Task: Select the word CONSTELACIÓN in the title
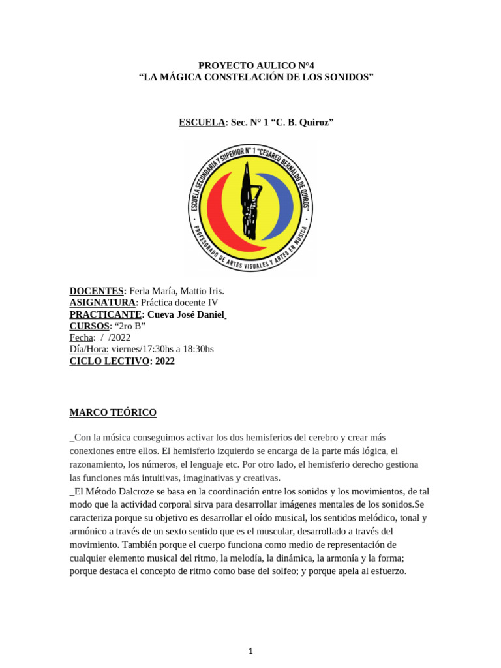tap(258, 78)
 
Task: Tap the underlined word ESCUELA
tap(202, 122)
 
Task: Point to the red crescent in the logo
tap(218, 212)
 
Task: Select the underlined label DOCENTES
tap(97, 291)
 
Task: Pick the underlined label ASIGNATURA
tap(102, 303)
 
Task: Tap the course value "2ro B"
tap(129, 326)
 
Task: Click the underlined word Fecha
tap(82, 338)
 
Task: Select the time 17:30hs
tap(161, 350)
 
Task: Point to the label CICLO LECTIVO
tap(110, 361)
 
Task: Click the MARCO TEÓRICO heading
tap(113, 413)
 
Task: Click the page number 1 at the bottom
tap(250, 633)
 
